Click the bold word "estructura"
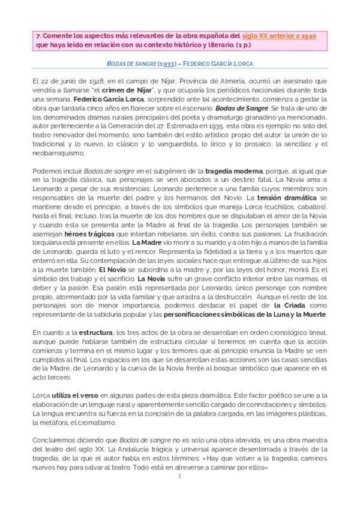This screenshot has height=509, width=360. (94, 331)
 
